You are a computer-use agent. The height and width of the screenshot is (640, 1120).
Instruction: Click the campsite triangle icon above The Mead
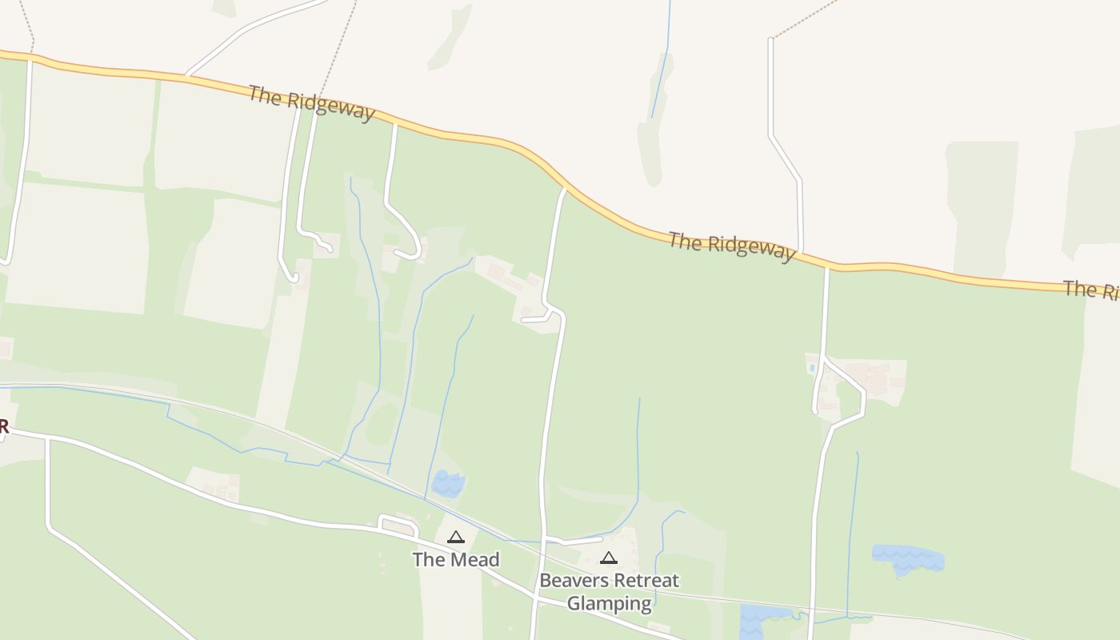point(456,537)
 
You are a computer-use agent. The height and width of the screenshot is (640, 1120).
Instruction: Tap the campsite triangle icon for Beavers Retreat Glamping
point(609,558)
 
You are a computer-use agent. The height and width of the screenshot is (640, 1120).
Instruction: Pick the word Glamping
point(609,602)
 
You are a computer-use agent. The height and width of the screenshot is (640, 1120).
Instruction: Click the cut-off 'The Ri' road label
point(1091,290)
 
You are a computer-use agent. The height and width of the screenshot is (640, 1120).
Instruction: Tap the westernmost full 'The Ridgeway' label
point(311,104)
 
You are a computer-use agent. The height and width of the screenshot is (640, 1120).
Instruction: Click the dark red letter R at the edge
point(3,426)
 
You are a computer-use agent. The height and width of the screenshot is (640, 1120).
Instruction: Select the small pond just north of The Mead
point(448,483)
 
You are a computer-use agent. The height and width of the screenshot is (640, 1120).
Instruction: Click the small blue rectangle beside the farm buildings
point(812,367)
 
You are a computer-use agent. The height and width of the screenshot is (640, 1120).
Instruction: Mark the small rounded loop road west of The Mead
point(398,525)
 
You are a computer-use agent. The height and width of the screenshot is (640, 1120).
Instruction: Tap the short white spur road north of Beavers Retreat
point(573,541)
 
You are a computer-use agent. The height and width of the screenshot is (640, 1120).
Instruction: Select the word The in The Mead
point(429,559)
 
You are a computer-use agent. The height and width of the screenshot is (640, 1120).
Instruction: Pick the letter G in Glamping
point(574,602)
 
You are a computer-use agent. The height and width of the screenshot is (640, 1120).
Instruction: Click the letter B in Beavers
point(546,580)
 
